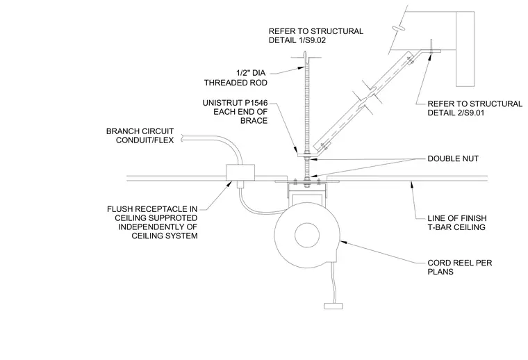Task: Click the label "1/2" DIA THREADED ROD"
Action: (236, 78)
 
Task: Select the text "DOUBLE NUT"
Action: (453, 158)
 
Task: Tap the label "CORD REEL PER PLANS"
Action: (460, 267)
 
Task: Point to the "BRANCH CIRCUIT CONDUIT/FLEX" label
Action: (140, 136)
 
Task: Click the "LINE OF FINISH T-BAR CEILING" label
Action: (457, 222)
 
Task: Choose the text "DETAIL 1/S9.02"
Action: (297, 40)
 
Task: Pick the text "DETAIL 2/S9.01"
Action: (456, 113)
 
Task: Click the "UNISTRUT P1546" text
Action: (235, 103)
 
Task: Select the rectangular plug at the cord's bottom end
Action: (333, 306)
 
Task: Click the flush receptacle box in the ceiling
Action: (240, 173)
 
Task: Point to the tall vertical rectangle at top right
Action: (465, 49)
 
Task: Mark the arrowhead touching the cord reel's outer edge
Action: (343, 241)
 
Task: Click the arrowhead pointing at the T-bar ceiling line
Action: (411, 184)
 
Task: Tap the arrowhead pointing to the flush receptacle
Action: (230, 183)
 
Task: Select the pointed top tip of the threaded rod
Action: (304, 51)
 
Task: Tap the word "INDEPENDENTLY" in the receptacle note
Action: (158, 227)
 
